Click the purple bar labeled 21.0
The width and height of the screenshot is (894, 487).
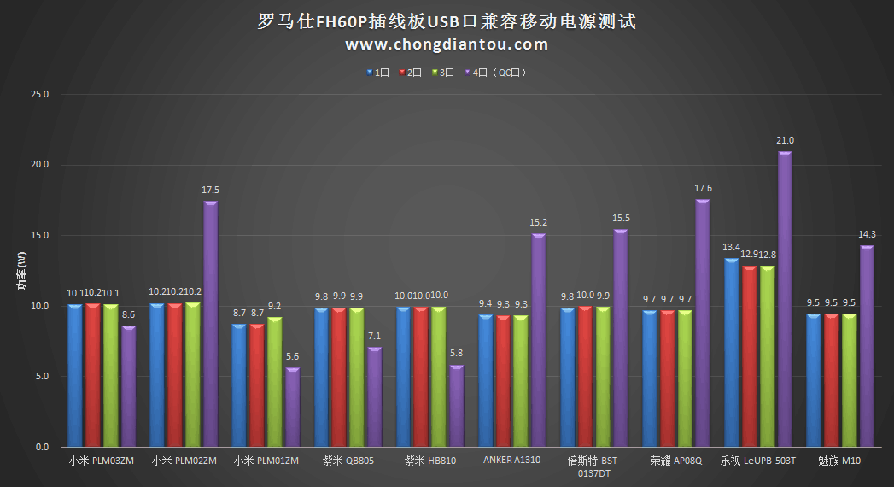pos(785,299)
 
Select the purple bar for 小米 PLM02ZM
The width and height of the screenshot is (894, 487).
pos(210,324)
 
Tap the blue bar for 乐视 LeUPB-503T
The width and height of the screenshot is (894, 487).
pos(731,352)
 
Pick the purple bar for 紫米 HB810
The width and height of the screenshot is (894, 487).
pos(457,406)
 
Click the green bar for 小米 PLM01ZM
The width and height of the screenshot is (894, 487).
pos(275,382)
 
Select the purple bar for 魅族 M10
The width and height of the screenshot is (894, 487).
pos(867,346)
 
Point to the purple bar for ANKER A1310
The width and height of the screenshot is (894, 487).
pos(538,340)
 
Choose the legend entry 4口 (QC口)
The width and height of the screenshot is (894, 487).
pos(496,73)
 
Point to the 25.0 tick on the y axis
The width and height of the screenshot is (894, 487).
pos(40,94)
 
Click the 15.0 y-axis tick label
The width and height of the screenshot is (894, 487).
pos(40,235)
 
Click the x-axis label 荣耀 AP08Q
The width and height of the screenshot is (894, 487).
pos(675,461)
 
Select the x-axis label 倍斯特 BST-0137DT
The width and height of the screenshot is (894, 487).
pos(594,466)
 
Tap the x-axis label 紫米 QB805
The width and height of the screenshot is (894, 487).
pos(348,461)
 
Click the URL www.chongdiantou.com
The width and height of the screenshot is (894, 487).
pos(447,44)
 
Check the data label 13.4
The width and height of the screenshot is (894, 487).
pos(731,248)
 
